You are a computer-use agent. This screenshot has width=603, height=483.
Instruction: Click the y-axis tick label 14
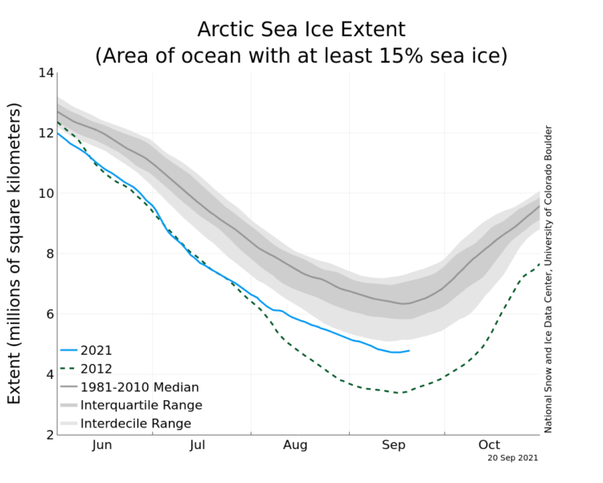(45, 73)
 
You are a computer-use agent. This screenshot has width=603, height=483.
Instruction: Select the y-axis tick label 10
(45, 194)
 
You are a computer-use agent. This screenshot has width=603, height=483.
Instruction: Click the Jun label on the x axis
(102, 445)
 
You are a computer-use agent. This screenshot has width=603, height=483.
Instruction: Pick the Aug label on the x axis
(296, 445)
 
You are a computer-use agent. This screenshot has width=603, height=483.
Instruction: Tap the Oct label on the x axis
(489, 445)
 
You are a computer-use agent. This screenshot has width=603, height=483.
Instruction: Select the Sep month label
(393, 445)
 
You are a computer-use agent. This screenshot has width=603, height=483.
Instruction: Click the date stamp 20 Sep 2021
(512, 458)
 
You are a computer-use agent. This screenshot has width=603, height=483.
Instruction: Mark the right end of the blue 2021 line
(409, 350)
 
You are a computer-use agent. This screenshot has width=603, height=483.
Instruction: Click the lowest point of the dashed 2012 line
(396, 393)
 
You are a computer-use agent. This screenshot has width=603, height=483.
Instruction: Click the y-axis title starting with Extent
(14, 254)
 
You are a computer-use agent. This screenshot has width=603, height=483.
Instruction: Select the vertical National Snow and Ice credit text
(548, 279)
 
